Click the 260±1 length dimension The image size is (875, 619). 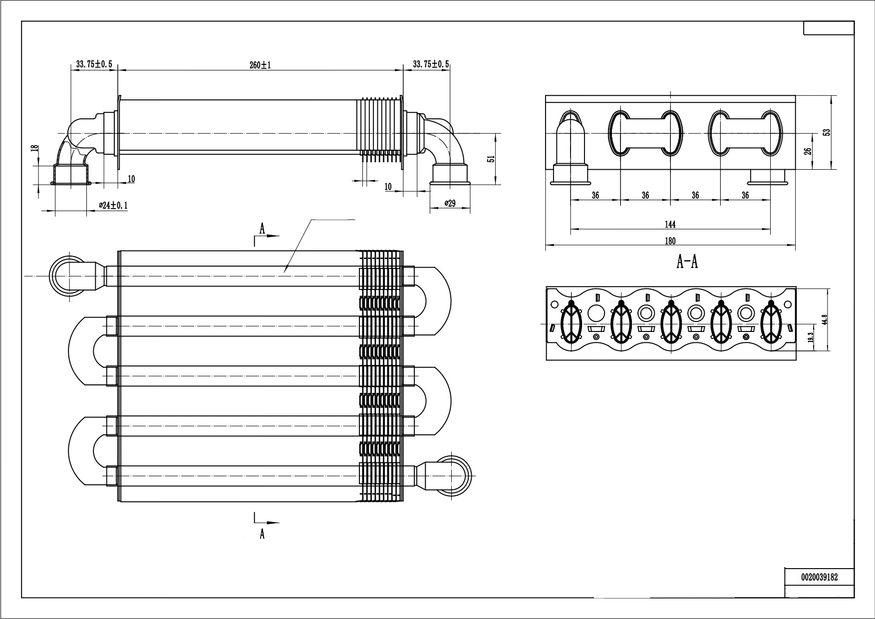(x=260, y=65)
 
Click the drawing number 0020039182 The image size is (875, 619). (x=819, y=577)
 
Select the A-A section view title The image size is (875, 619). (x=687, y=262)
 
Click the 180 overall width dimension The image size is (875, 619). (x=670, y=241)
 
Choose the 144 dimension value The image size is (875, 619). (x=670, y=225)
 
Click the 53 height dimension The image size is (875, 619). (x=827, y=132)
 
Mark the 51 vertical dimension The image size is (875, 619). (x=491, y=159)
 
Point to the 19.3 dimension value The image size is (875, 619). (x=810, y=337)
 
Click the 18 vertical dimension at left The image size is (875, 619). (x=34, y=148)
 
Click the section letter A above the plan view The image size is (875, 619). (x=262, y=229)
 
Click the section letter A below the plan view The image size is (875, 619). (x=262, y=534)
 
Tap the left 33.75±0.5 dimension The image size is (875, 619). (x=94, y=64)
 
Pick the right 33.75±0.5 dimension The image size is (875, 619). (x=431, y=64)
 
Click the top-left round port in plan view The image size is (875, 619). (x=68, y=276)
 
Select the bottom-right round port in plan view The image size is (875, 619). (x=453, y=475)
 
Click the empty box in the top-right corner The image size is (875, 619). (x=829, y=28)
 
